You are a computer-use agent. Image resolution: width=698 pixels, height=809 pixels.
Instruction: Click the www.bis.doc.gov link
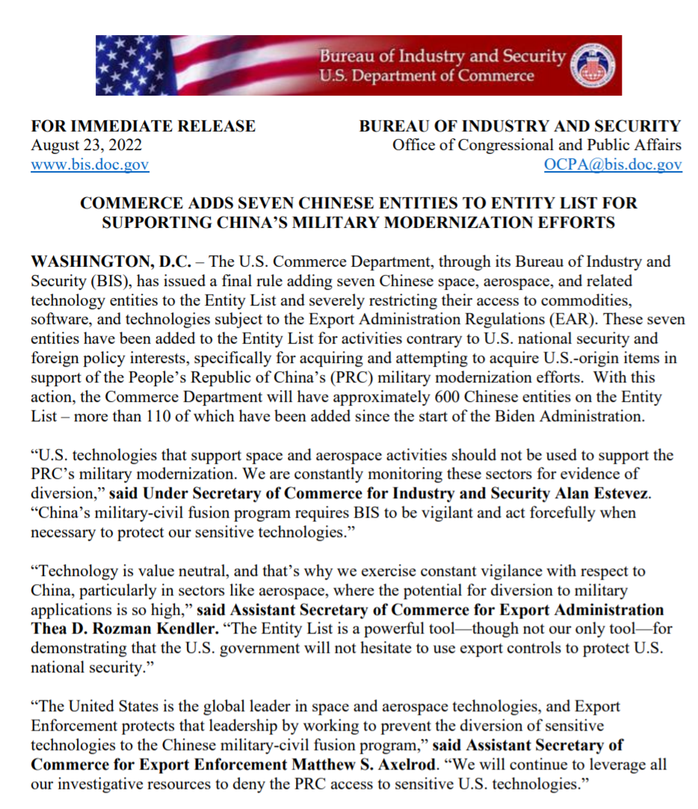90,165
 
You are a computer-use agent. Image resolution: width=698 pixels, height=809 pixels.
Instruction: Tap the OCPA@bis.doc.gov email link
613,165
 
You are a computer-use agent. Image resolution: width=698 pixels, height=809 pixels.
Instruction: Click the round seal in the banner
592,66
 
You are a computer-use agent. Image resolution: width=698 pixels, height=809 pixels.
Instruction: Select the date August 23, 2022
86,146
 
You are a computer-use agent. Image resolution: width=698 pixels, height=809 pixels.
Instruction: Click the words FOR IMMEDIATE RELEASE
143,126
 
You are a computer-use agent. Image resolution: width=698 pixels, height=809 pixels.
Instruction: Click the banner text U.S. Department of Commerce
427,76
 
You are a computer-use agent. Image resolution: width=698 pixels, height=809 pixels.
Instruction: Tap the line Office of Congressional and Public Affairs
537,146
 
